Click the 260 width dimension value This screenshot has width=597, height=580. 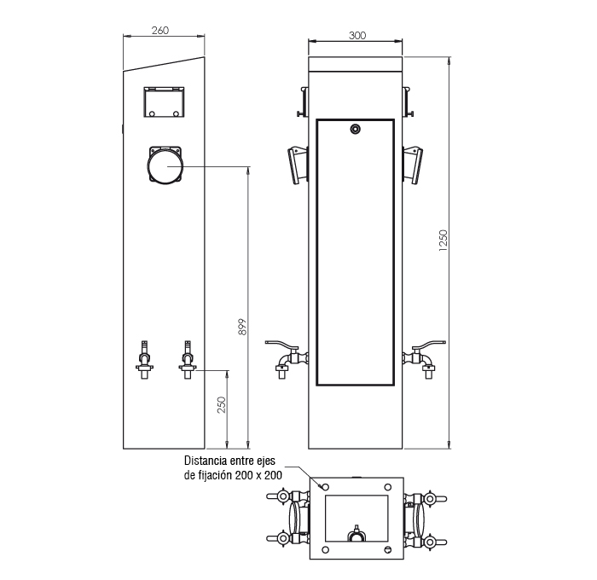pyautogui.click(x=160, y=30)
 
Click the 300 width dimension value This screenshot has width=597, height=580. pyautogui.click(x=357, y=36)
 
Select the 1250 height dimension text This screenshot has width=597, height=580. pyautogui.click(x=443, y=241)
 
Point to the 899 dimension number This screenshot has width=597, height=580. pyautogui.click(x=242, y=327)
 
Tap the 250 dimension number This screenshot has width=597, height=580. pyautogui.click(x=221, y=405)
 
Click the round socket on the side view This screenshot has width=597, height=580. pyautogui.click(x=165, y=165)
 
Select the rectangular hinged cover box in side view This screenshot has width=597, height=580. pyautogui.click(x=164, y=102)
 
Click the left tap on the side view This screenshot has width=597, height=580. pyautogui.click(x=145, y=360)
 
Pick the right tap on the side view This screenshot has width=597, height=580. pyautogui.click(x=188, y=360)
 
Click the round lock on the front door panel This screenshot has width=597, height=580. pyautogui.click(x=356, y=129)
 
